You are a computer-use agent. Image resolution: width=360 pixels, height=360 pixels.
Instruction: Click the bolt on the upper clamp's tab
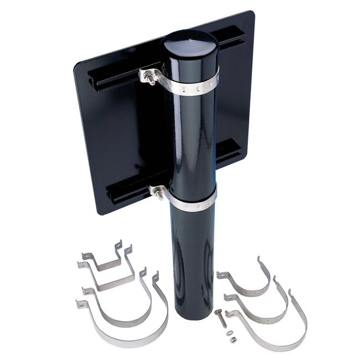149,77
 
